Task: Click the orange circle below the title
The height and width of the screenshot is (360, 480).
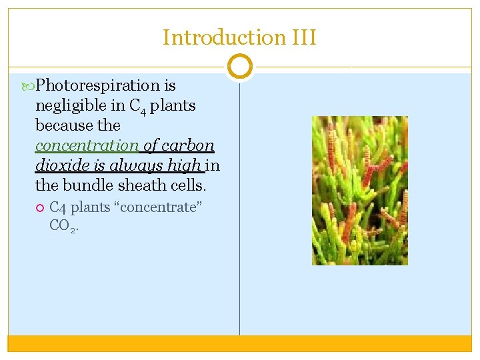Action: (239, 67)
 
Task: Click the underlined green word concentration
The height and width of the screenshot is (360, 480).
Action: (87, 145)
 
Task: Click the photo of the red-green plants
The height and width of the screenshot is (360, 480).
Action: (359, 191)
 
